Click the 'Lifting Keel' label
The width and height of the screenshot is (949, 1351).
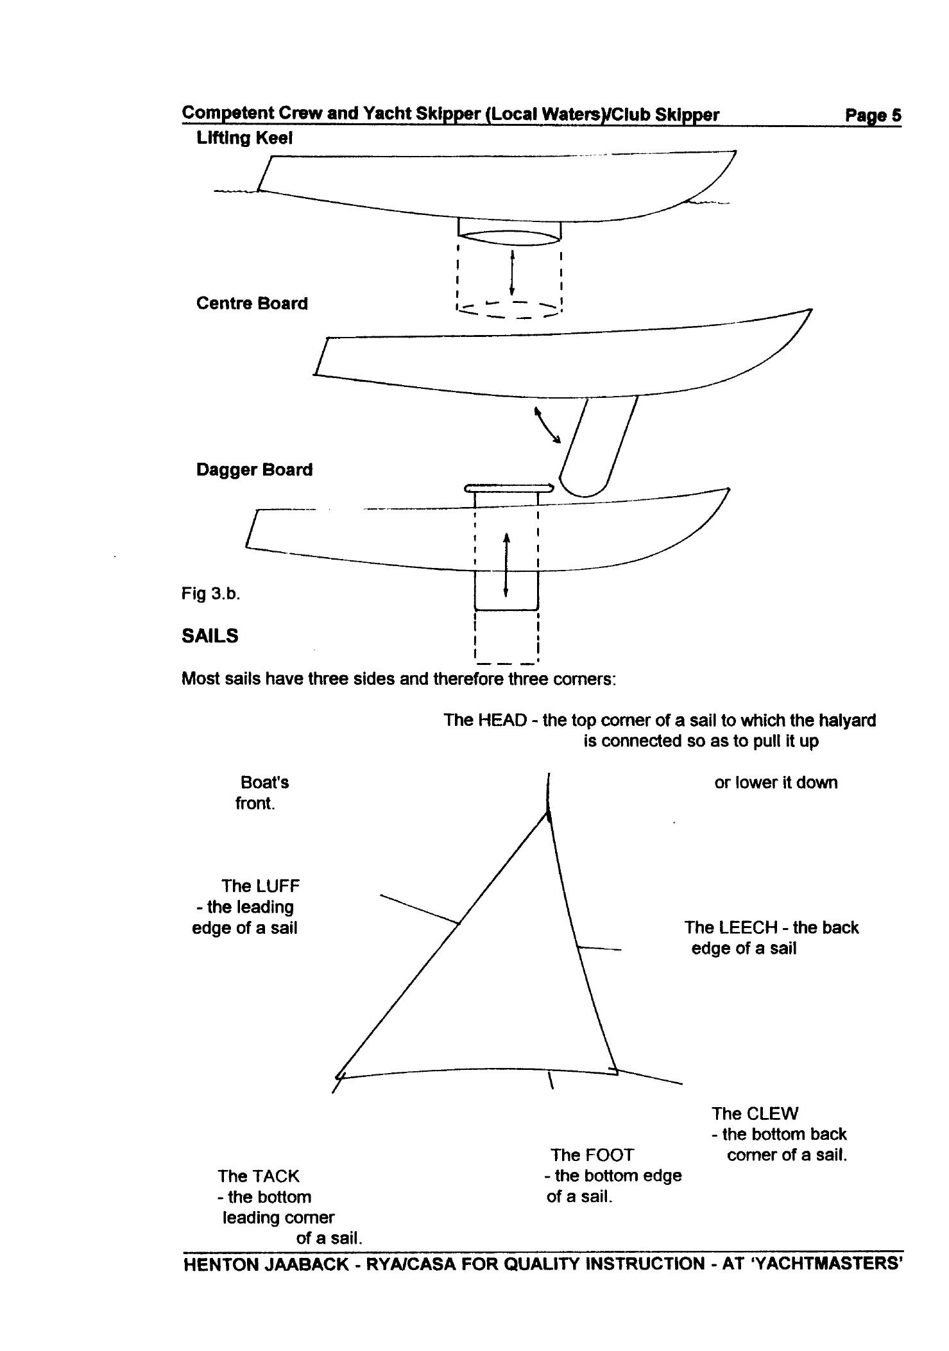[x=244, y=138]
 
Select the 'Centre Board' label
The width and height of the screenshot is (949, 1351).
[x=252, y=304]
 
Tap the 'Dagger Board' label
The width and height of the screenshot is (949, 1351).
[x=254, y=470]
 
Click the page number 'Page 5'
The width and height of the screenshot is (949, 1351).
[x=873, y=116]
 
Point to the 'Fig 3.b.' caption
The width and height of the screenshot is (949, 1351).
[x=210, y=594]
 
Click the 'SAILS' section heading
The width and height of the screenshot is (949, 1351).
[x=210, y=636]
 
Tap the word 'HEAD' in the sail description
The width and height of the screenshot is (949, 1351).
[x=502, y=720]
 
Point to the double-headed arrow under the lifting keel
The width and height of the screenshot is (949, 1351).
[x=511, y=272]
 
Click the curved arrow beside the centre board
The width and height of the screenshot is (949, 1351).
[x=547, y=424]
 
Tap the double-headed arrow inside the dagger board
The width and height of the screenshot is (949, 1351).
[x=506, y=564]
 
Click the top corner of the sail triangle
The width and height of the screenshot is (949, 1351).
[x=547, y=813]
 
